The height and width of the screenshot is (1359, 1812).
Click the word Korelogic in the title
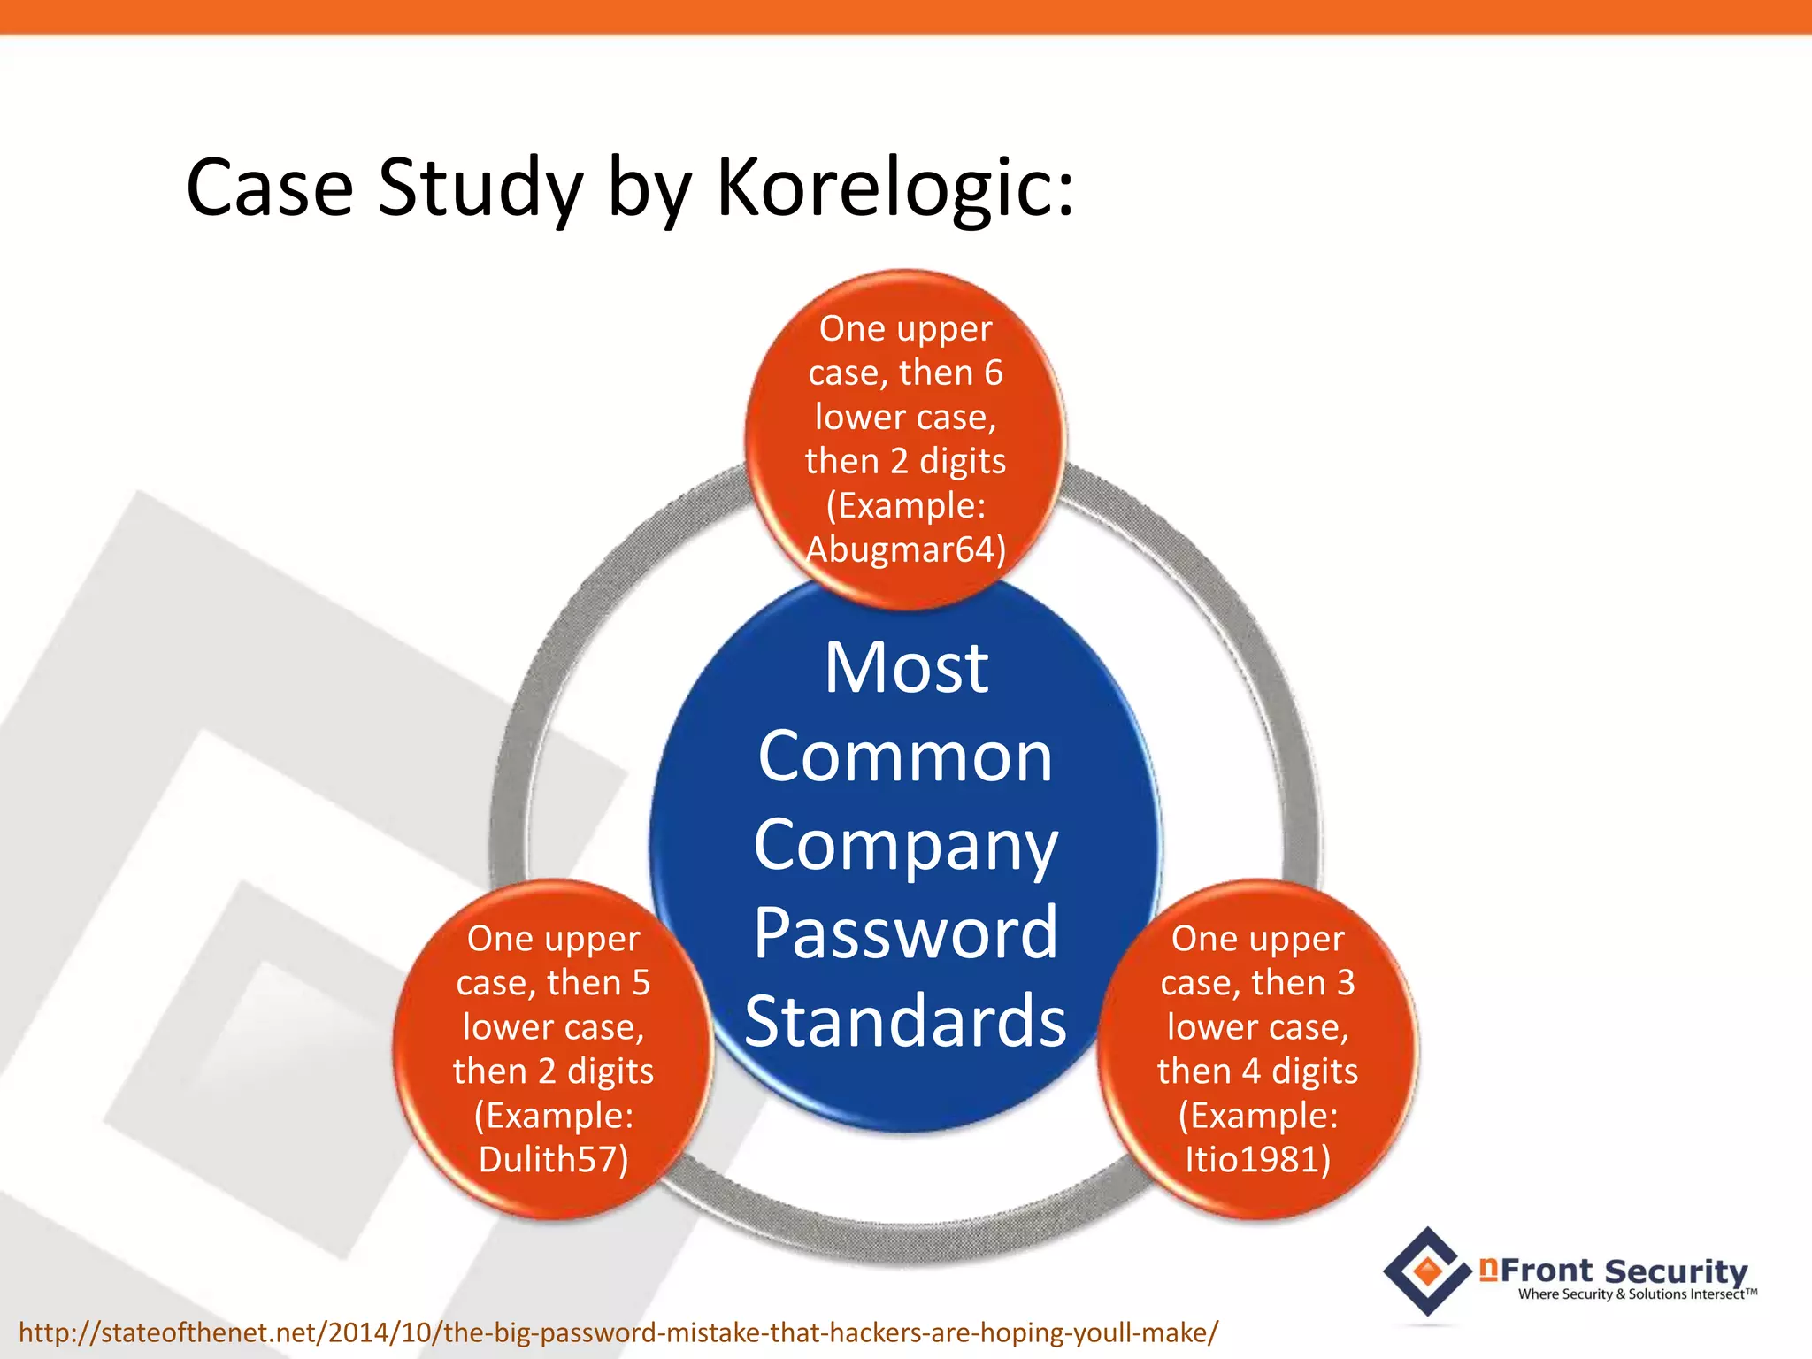[x=894, y=188]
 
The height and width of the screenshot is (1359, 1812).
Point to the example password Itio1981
[x=1251, y=1159]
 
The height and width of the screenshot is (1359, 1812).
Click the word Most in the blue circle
[x=906, y=668]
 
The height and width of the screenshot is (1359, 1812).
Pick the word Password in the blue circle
[x=906, y=933]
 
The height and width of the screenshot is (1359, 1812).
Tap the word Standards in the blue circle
[x=906, y=1021]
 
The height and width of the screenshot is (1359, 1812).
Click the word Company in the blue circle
[x=906, y=845]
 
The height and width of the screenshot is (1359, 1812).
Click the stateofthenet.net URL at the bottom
[x=618, y=1332]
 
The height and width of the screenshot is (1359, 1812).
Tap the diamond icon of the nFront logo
[x=1426, y=1271]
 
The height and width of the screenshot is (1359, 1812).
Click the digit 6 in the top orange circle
[x=994, y=372]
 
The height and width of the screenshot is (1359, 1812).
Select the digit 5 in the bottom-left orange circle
[x=641, y=983]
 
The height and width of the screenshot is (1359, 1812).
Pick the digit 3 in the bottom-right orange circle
[x=1346, y=983]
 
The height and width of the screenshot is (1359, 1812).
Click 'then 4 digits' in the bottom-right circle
[x=1257, y=1071]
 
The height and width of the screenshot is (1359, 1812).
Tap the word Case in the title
[x=270, y=188]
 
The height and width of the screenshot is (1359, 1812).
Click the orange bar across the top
[x=906, y=16]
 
